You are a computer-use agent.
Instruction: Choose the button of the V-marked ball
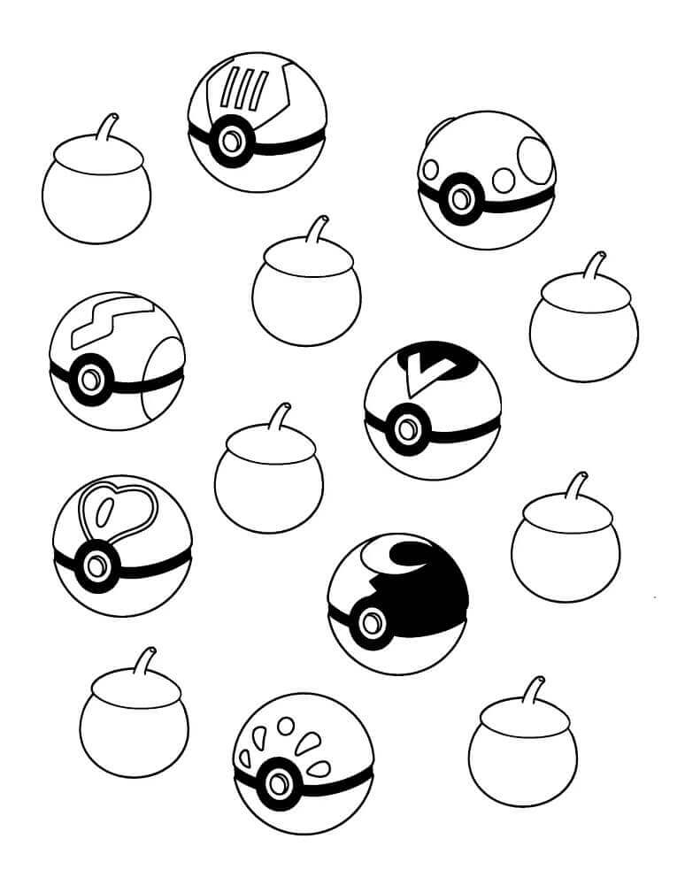click(x=407, y=430)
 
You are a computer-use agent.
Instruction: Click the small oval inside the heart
click(x=102, y=513)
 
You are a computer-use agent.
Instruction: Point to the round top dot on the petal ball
click(x=285, y=726)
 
